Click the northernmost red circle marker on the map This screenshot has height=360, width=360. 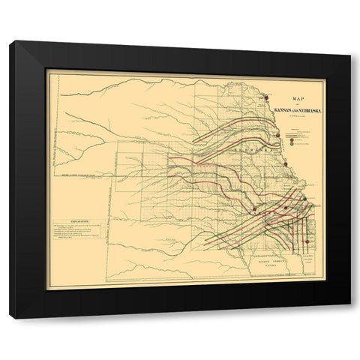(265, 97)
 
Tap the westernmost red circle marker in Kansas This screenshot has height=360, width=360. (255, 208)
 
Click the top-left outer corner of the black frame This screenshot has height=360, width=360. (10, 42)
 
